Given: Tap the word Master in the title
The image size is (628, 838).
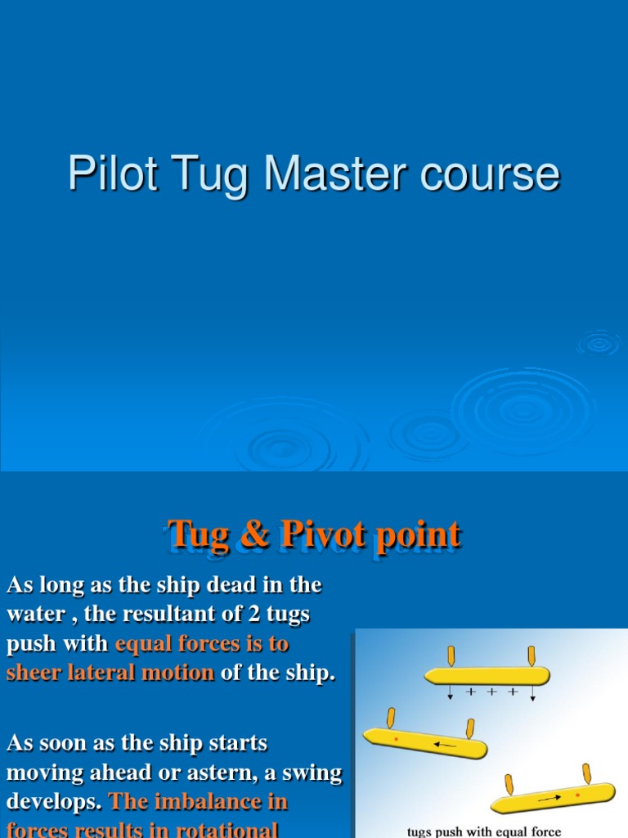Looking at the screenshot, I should pos(320,174).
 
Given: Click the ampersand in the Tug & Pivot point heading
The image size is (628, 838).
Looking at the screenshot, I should pos(255,534).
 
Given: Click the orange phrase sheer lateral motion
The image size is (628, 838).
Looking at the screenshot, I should pos(110,673).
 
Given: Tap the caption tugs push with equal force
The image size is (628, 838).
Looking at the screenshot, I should pos(484,831).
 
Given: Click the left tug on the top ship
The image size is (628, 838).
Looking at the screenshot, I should pos(451,656).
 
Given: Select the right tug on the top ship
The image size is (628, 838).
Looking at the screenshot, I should pos(532,656).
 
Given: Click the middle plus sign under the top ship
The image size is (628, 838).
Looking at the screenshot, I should pos(491,692).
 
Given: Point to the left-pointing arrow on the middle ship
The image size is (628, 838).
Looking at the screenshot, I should pos(446,745).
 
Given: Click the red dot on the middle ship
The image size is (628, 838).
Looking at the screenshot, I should pos(396,739).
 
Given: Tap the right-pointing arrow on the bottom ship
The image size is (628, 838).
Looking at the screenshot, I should pos(549,797).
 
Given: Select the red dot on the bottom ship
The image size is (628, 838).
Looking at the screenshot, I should pos(579,794).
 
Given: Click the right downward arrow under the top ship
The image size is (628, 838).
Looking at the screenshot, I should pos(533,694).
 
